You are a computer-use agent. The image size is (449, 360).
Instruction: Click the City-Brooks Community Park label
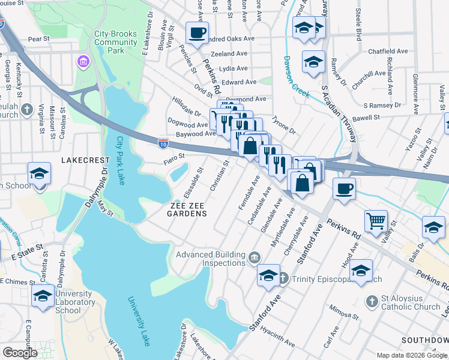click(x=116, y=42)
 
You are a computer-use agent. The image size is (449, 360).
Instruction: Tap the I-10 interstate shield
click(x=163, y=143)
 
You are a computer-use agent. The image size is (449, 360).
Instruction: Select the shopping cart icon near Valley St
click(x=376, y=220)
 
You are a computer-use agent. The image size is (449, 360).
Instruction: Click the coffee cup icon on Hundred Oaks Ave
click(x=196, y=32)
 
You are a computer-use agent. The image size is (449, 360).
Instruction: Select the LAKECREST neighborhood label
click(x=85, y=161)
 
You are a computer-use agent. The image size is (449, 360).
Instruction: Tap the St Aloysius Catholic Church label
click(x=411, y=302)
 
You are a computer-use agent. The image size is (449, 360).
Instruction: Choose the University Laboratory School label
click(x=74, y=302)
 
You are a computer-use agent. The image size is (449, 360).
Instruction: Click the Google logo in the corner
click(x=20, y=353)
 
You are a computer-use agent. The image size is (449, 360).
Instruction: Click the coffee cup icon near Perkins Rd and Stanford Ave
click(x=344, y=188)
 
